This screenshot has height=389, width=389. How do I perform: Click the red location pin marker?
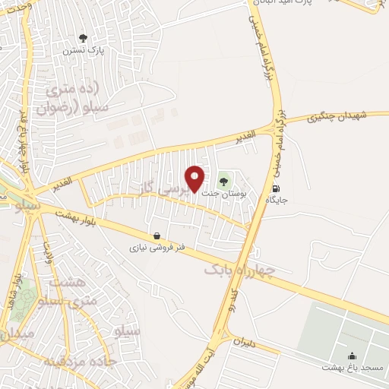pyautogui.click(x=195, y=178)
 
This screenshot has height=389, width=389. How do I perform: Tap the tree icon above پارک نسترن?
pyautogui.click(x=84, y=38)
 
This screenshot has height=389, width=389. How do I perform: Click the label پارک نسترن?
pyautogui.click(x=83, y=51)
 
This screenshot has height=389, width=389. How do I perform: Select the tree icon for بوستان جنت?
pyautogui.click(x=223, y=181)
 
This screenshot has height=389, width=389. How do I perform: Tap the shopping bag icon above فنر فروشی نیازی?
pyautogui.click(x=156, y=236)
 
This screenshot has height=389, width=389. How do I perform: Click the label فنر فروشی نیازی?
pyautogui.click(x=156, y=248)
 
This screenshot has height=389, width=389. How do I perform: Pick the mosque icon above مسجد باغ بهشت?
pyautogui.click(x=353, y=355)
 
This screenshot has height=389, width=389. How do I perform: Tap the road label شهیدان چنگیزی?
pyautogui.click(x=337, y=116)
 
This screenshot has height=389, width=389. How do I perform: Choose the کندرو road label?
pyautogui.click(x=235, y=299)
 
